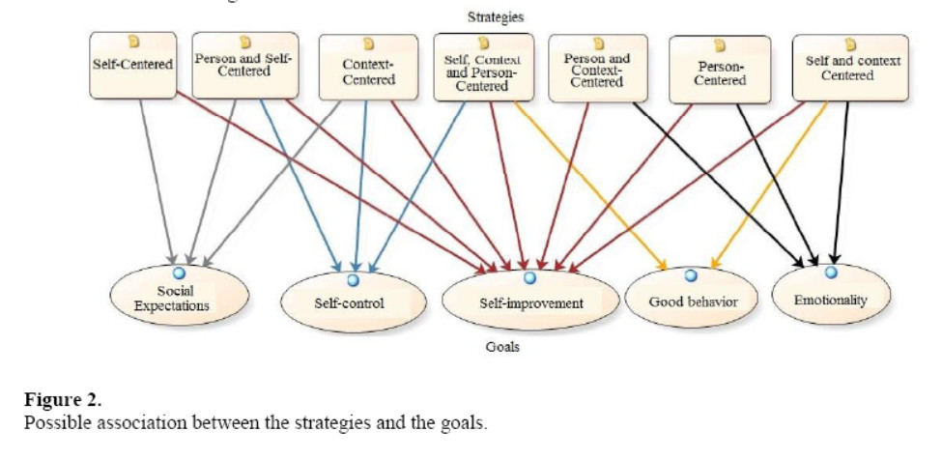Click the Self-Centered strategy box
click(132, 65)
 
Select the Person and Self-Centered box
click(243, 65)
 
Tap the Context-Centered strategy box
click(368, 68)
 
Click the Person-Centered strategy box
click(720, 70)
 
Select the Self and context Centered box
click(850, 68)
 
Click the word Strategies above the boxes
click(497, 17)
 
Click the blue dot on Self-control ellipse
click(353, 281)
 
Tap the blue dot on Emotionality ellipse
click(830, 273)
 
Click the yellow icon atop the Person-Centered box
click(719, 44)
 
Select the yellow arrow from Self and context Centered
click(773, 184)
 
